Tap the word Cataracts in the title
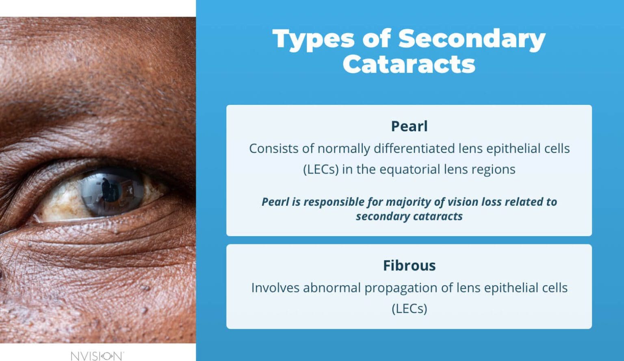[x=409, y=64]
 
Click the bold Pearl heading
[x=409, y=126]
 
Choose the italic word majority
[x=411, y=202]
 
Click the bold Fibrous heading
[x=409, y=265]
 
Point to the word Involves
[x=275, y=288]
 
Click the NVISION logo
[x=97, y=356]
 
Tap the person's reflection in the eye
[x=106, y=189]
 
